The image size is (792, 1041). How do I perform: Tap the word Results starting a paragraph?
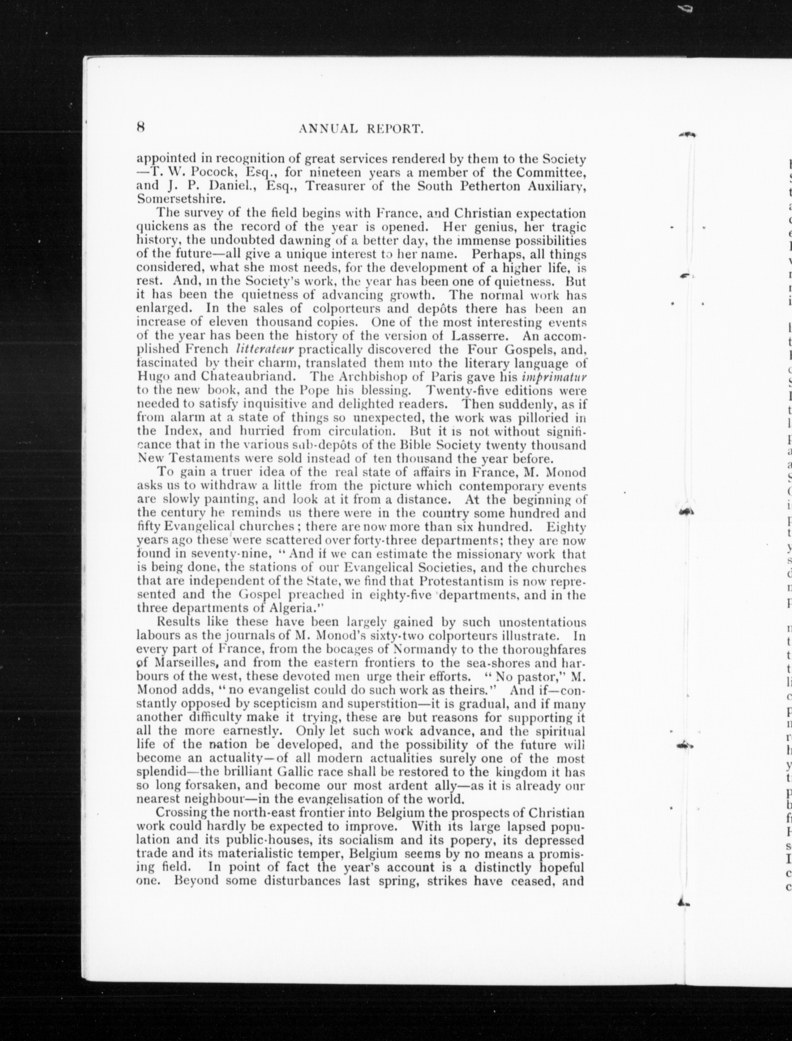(x=179, y=622)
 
